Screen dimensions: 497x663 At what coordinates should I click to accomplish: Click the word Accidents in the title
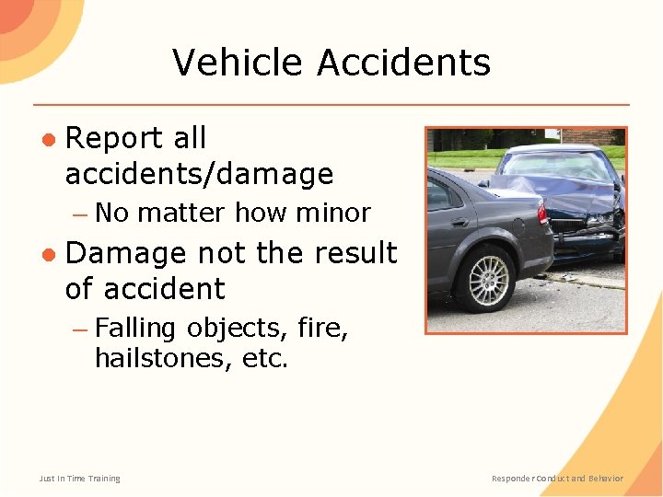[x=404, y=63]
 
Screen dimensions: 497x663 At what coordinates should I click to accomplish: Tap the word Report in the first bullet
[x=114, y=138]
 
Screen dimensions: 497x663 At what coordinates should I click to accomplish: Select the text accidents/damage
[x=199, y=174]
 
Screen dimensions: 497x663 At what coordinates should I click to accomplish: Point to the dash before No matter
[x=80, y=214]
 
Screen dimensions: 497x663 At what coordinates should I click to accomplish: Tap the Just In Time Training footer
[x=79, y=478]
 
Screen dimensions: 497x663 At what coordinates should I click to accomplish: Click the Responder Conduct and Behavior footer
[x=557, y=478]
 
